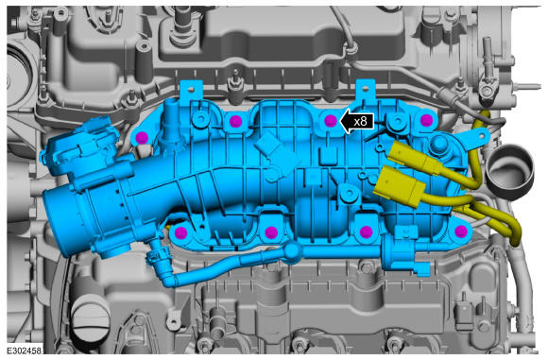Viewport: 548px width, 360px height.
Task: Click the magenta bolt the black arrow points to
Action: coord(331,121)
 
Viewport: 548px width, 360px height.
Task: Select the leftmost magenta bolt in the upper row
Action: coord(142,137)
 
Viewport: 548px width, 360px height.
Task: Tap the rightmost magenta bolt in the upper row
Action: coord(426,121)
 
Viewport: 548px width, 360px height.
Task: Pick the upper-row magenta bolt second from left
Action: coord(235,121)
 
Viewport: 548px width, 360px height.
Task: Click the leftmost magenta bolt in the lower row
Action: coord(180,231)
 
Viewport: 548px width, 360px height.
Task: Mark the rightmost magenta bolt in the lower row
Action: coord(461,231)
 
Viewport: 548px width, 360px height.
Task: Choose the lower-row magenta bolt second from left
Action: coord(271,231)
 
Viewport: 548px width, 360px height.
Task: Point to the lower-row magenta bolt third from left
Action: coord(366,231)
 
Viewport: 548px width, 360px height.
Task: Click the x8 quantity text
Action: coord(361,122)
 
